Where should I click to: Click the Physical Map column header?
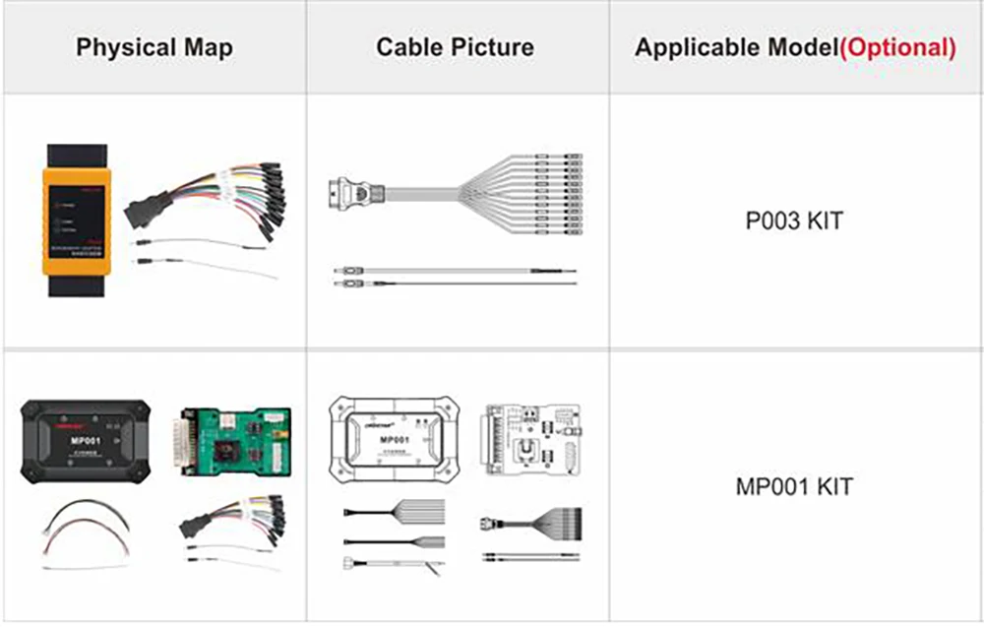tap(154, 47)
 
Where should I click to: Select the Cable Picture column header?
tap(455, 47)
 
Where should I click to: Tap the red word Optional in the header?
tap(898, 48)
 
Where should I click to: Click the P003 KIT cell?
tap(794, 220)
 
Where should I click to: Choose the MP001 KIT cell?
tap(794, 486)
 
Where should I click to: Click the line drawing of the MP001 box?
tap(395, 439)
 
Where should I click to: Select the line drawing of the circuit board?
tap(528, 440)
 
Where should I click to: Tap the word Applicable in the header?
tap(694, 48)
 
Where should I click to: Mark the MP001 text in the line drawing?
tap(395, 439)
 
